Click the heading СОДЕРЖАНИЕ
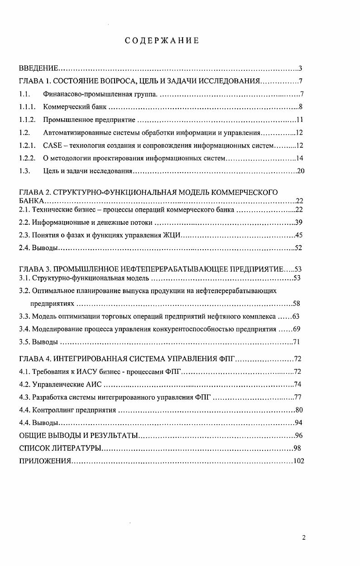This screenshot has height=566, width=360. (162, 41)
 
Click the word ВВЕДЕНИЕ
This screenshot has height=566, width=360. (38, 69)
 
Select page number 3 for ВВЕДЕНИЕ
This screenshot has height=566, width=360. (300, 69)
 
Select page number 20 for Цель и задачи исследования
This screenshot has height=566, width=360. (299, 171)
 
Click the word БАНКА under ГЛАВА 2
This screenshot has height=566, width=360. (31, 201)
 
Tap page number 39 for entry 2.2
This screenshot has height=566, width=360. (299, 223)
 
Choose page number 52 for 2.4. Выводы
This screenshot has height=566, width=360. (298, 248)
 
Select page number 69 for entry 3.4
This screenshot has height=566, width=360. (297, 329)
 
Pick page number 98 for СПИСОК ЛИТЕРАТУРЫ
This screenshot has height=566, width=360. (297, 448)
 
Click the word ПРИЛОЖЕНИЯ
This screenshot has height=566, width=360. (45, 461)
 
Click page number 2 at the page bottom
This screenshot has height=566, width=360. (304, 538)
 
